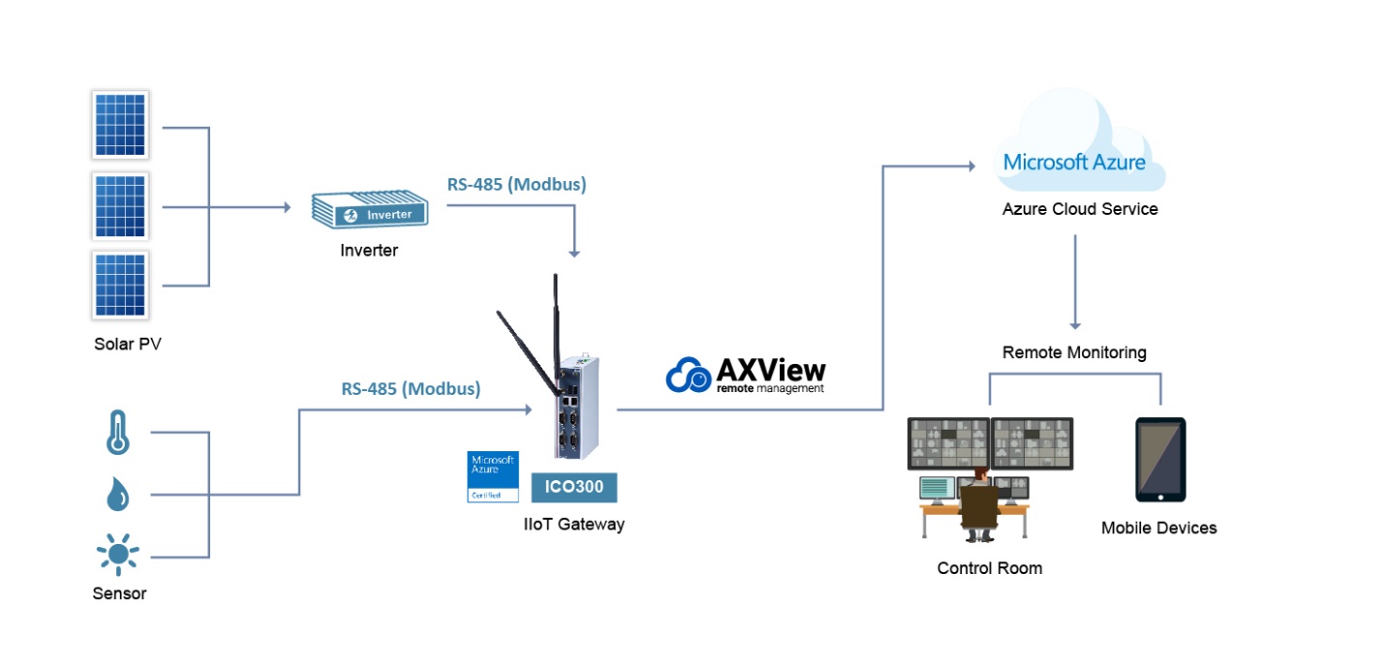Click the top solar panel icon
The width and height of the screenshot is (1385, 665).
[120, 125]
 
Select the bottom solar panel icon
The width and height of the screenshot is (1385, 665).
[120, 285]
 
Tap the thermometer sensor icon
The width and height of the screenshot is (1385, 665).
[117, 433]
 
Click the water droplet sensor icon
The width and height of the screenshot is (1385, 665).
[117, 495]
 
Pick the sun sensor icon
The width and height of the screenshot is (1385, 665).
[117, 555]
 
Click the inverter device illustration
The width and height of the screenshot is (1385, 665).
[368, 211]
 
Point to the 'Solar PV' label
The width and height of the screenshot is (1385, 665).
[127, 344]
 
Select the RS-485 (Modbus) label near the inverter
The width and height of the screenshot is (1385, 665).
[516, 184]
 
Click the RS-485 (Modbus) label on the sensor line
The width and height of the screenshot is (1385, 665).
[411, 388]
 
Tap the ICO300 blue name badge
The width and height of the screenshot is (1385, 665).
[573, 487]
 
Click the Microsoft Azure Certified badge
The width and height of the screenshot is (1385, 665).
[492, 476]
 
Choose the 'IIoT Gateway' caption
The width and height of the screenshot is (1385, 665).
[573, 525]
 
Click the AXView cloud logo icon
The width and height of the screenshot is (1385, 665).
[689, 375]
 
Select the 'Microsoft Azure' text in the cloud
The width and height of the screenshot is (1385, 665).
[1074, 162]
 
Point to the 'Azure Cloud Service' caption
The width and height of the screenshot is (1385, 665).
[1080, 209]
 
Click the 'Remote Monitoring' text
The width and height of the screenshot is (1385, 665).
[1074, 352]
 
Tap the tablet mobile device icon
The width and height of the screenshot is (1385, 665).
[1159, 460]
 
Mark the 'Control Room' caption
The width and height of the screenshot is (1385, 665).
[989, 568]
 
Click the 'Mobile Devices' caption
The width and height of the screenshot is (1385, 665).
[1158, 528]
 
